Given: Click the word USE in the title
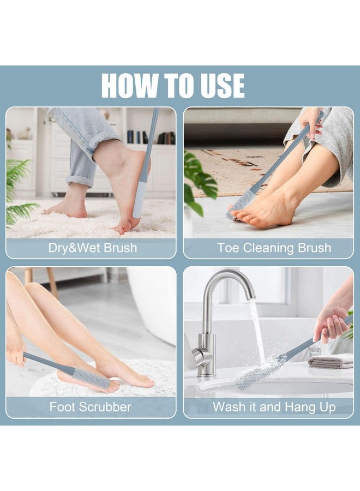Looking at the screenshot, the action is pyautogui.click(x=223, y=85).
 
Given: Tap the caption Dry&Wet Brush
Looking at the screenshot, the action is pyautogui.click(x=93, y=248).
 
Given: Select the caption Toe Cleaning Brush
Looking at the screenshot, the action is pyautogui.click(x=274, y=248).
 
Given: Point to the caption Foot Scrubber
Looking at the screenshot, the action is pyautogui.click(x=91, y=407).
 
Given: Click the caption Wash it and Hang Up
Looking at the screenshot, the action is pyautogui.click(x=274, y=407).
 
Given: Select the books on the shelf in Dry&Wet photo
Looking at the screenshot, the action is pyautogui.click(x=151, y=137).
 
